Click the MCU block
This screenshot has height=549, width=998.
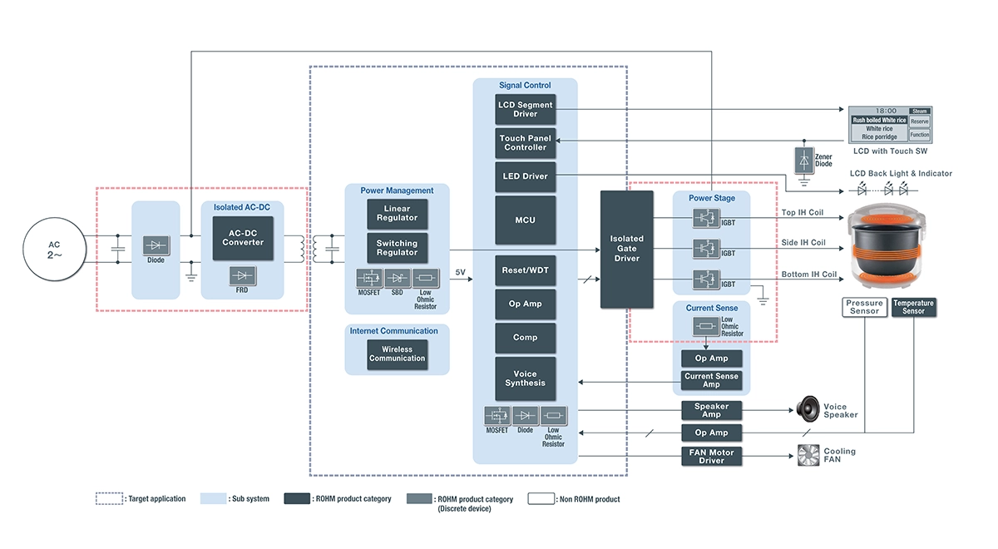click(525, 220)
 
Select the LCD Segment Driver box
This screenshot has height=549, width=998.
click(525, 110)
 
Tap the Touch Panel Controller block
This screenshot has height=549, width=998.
click(525, 143)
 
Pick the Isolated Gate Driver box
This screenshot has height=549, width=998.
click(626, 249)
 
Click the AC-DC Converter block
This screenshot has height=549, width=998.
click(243, 237)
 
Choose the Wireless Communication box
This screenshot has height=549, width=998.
click(398, 354)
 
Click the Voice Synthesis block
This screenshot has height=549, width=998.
click(525, 378)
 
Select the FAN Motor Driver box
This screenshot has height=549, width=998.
click(711, 456)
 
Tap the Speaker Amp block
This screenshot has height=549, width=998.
click(711, 410)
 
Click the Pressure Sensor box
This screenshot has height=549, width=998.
click(864, 307)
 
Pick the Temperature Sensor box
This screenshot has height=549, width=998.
click(913, 307)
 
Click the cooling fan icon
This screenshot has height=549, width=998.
click(808, 455)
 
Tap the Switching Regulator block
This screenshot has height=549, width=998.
click(398, 248)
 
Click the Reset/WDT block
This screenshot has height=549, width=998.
click(525, 270)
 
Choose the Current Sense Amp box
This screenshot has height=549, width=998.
click(711, 380)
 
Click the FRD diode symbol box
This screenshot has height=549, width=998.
click(243, 275)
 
